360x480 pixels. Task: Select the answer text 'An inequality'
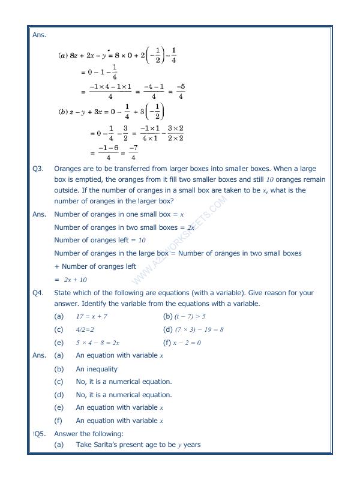click(97, 369)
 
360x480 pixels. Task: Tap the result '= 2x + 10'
click(70, 280)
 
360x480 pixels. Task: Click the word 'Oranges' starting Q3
click(69, 169)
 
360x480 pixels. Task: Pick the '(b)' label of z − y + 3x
click(62, 112)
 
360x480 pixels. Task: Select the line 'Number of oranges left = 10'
click(100, 241)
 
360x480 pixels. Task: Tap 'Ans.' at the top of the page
click(39, 35)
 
